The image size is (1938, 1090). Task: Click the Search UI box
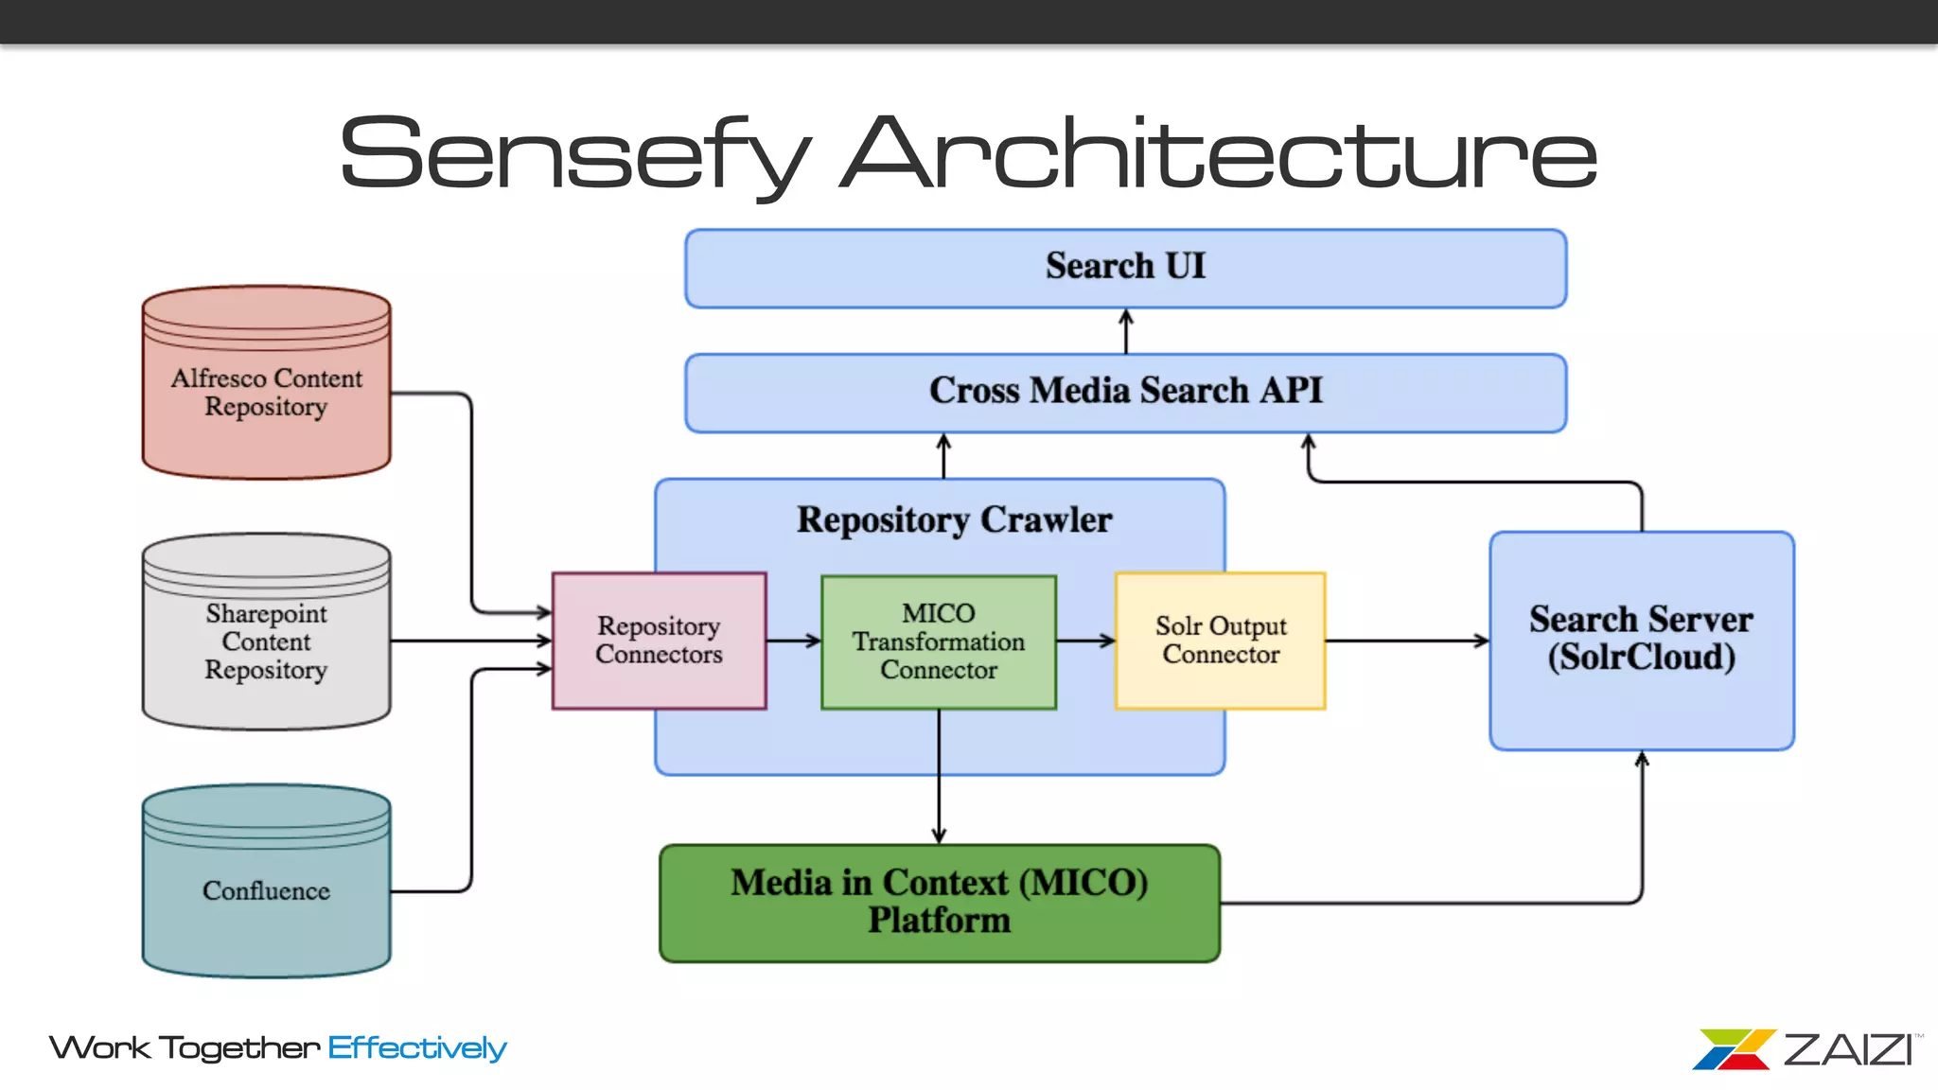click(x=1125, y=268)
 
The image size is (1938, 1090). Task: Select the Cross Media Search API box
click(x=1125, y=393)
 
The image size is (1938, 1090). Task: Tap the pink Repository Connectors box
click(x=659, y=641)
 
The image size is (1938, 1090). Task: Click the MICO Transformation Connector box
click(x=938, y=642)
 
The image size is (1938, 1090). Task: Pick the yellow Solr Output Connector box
click(x=1220, y=641)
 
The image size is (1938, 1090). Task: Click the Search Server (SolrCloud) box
click(x=1641, y=641)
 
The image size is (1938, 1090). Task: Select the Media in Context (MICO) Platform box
click(x=939, y=903)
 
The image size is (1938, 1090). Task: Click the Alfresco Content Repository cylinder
click(x=266, y=393)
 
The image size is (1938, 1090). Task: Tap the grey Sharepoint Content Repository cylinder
click(x=266, y=642)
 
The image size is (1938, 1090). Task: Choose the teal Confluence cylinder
click(x=266, y=889)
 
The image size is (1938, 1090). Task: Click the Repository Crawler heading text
click(x=954, y=520)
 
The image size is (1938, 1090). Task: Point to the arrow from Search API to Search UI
click(x=1125, y=331)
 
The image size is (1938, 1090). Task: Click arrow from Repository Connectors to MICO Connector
click(x=793, y=641)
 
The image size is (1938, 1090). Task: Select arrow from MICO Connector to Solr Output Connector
click(x=1085, y=641)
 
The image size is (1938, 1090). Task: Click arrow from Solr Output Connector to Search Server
click(x=1407, y=641)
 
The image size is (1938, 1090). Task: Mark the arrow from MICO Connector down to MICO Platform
click(x=939, y=776)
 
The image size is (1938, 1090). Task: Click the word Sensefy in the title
click(x=573, y=154)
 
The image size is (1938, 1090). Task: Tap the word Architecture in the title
click(x=1219, y=154)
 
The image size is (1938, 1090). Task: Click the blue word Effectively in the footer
click(x=417, y=1048)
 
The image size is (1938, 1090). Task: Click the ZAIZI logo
click(x=1806, y=1049)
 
